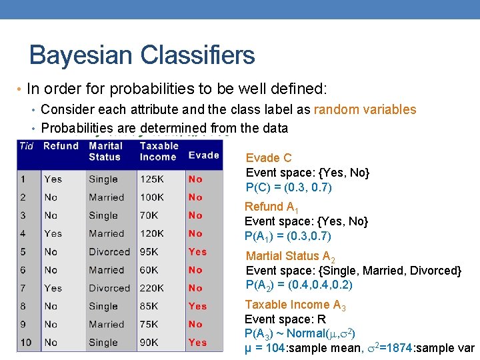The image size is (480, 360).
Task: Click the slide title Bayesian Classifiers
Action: [142, 55]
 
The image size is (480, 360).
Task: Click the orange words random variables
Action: [365, 109]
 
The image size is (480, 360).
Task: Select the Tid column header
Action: [27, 146]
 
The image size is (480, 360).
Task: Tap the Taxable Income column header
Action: [159, 151]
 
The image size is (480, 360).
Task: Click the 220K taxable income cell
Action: [152, 288]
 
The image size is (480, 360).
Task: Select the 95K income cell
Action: [149, 252]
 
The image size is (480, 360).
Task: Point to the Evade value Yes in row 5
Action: [197, 252]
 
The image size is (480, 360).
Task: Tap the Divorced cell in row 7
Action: [109, 288]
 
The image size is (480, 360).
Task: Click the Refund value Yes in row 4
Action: [53, 234]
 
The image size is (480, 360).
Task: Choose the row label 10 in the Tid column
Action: [26, 343]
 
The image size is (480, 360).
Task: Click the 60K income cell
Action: [149, 270]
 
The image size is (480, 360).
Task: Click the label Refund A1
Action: [273, 207]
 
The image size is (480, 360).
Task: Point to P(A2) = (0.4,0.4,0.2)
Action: [299, 285]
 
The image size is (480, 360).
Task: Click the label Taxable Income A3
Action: [295, 305]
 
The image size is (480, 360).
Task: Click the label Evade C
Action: [269, 158]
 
